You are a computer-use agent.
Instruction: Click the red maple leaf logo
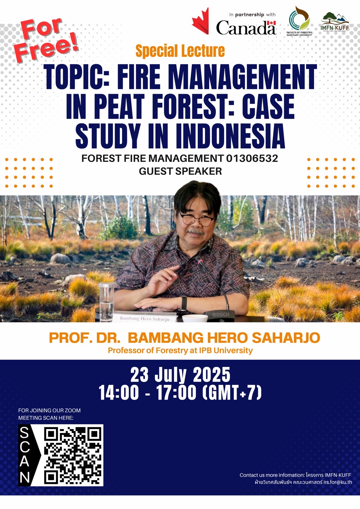[x=201, y=22]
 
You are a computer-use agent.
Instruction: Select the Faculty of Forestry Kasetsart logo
[x=299, y=20]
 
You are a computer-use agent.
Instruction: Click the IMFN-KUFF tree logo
[x=334, y=21]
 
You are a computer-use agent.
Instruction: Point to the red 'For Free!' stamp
[x=46, y=40]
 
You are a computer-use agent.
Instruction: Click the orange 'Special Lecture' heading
[x=180, y=51]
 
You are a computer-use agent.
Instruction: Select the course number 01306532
[x=252, y=158]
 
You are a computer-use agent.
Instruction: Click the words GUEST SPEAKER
[x=180, y=171]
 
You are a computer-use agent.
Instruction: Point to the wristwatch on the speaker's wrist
[x=184, y=303]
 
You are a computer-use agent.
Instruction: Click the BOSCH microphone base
[x=221, y=315]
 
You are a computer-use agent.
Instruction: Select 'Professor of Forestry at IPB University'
[x=180, y=350]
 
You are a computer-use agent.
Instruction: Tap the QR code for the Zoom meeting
[x=73, y=455]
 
